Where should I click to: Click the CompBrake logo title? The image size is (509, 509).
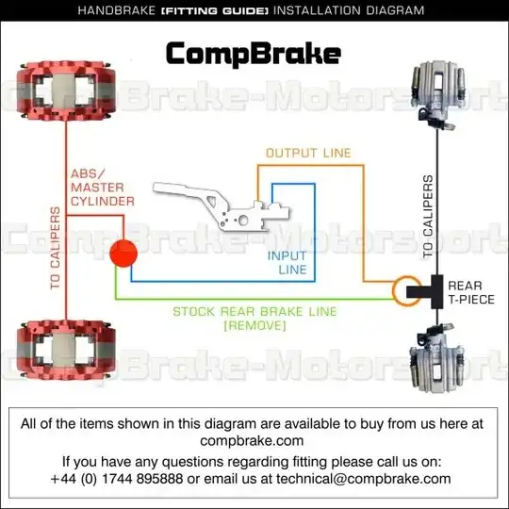pyautogui.click(x=254, y=54)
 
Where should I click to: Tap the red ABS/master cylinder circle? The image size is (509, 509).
pyautogui.click(x=123, y=254)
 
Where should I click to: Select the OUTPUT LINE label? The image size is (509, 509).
pyautogui.click(x=308, y=153)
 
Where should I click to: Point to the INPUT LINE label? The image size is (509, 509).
pyautogui.click(x=287, y=263)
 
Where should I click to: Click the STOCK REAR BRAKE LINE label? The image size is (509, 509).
pyautogui.click(x=254, y=312)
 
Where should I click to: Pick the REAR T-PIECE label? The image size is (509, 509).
pyautogui.click(x=471, y=292)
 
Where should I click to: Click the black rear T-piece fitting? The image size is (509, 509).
pyautogui.click(x=425, y=291)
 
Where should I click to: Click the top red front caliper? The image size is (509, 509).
pyautogui.click(x=66, y=90)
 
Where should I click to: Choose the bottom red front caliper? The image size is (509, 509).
pyautogui.click(x=66, y=351)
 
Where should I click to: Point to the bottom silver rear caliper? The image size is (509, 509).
pyautogui.click(x=436, y=359)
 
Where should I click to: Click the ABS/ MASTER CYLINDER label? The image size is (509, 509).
pyautogui.click(x=102, y=188)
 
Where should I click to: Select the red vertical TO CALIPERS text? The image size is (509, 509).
pyautogui.click(x=56, y=248)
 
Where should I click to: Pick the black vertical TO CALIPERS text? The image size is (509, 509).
pyautogui.click(x=428, y=217)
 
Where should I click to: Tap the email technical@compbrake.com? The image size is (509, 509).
pyautogui.click(x=364, y=479)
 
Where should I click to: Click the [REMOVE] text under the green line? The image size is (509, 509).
pyautogui.click(x=254, y=325)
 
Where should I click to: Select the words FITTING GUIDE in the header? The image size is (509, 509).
pyautogui.click(x=215, y=11)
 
